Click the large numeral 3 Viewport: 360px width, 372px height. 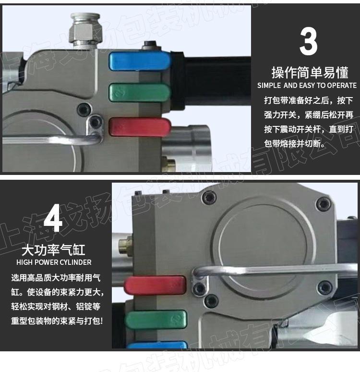(308, 41)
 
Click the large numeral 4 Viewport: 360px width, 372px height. (53, 218)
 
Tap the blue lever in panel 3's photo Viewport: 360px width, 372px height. (140, 61)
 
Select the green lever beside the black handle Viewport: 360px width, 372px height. (139, 92)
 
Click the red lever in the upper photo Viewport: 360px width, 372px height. (140, 127)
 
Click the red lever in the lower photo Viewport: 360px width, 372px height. (155, 285)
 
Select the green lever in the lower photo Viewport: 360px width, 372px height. (156, 319)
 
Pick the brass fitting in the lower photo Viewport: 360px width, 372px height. (125, 246)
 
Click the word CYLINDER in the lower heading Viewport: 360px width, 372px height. (76, 262)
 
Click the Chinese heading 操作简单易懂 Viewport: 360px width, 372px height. (310, 73)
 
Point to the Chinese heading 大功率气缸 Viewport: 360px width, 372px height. (53, 250)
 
